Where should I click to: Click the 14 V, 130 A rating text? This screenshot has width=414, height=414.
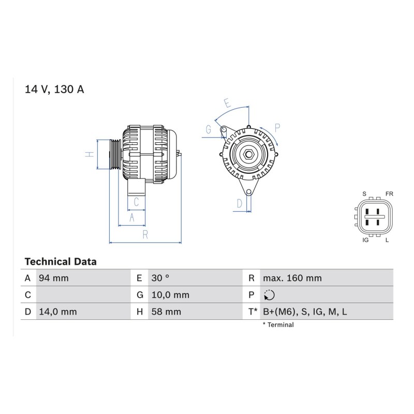(54, 89)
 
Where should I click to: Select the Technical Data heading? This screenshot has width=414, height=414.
(61, 262)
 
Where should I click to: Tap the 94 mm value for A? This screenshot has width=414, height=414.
(54, 278)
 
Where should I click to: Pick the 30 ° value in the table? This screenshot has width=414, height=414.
(160, 278)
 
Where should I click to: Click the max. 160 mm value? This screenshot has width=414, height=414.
(292, 278)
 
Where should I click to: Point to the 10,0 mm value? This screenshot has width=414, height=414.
(170, 295)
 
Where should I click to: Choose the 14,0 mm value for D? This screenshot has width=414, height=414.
(58, 312)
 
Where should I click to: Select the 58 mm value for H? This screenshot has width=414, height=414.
(166, 312)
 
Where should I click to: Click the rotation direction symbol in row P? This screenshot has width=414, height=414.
(269, 295)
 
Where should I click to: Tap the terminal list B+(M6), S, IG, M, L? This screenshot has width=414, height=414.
(305, 312)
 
